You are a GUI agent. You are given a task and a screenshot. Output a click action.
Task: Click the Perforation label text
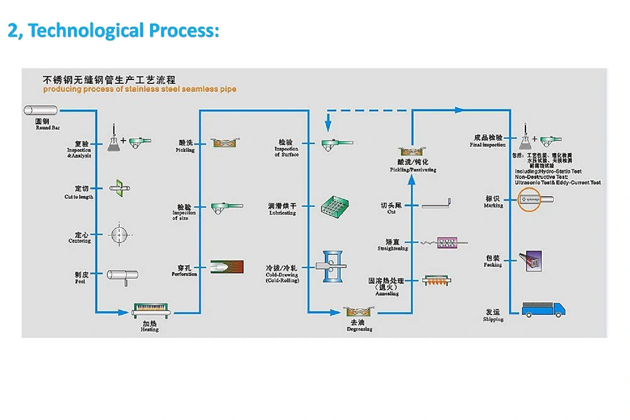pos(185,274)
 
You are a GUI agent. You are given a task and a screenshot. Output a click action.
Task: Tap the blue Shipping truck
pos(544,309)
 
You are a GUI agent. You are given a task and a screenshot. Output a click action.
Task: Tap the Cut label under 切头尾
pos(391,212)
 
